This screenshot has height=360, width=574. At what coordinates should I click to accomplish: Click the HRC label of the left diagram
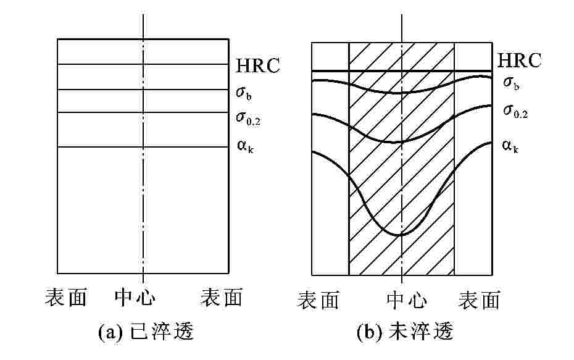coord(258,65)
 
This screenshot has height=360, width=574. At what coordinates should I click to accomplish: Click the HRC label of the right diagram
coord(519,61)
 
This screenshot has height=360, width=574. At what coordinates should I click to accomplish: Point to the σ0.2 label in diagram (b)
coord(515,111)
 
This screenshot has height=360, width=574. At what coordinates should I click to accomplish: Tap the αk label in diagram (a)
coord(244,149)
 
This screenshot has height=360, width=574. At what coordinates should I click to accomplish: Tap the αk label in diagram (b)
coord(510,146)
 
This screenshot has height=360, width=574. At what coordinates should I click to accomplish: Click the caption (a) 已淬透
coord(146,333)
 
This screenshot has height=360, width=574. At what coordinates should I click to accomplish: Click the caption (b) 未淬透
coord(406,333)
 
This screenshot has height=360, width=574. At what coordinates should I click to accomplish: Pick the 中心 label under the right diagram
coord(407,300)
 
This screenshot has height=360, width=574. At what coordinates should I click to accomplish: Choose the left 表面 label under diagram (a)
coord(65,298)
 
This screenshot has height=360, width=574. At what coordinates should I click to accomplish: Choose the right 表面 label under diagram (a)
coord(221,298)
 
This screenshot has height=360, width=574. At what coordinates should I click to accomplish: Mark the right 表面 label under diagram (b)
coord(480,300)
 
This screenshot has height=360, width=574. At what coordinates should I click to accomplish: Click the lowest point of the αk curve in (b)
coord(401,235)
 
